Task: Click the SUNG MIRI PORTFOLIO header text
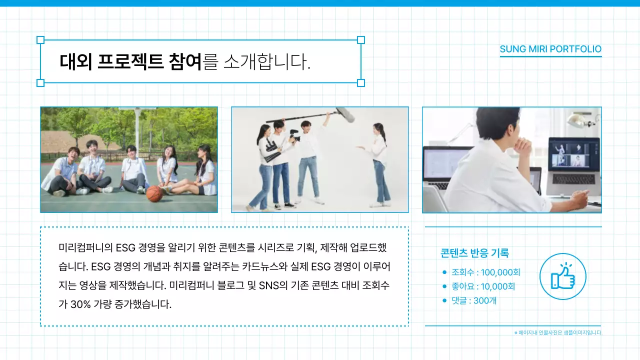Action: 550,49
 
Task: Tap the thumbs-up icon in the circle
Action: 562,276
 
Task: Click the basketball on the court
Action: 155,193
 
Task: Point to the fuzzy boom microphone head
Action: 345,114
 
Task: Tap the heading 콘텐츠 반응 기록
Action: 474,253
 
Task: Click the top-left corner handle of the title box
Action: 41,40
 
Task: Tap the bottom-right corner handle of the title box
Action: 361,83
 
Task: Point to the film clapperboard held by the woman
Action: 270,150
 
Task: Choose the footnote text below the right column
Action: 558,332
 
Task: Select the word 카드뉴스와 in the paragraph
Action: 265,265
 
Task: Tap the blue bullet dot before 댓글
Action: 444,300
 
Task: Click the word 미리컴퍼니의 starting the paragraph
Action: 86,247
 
